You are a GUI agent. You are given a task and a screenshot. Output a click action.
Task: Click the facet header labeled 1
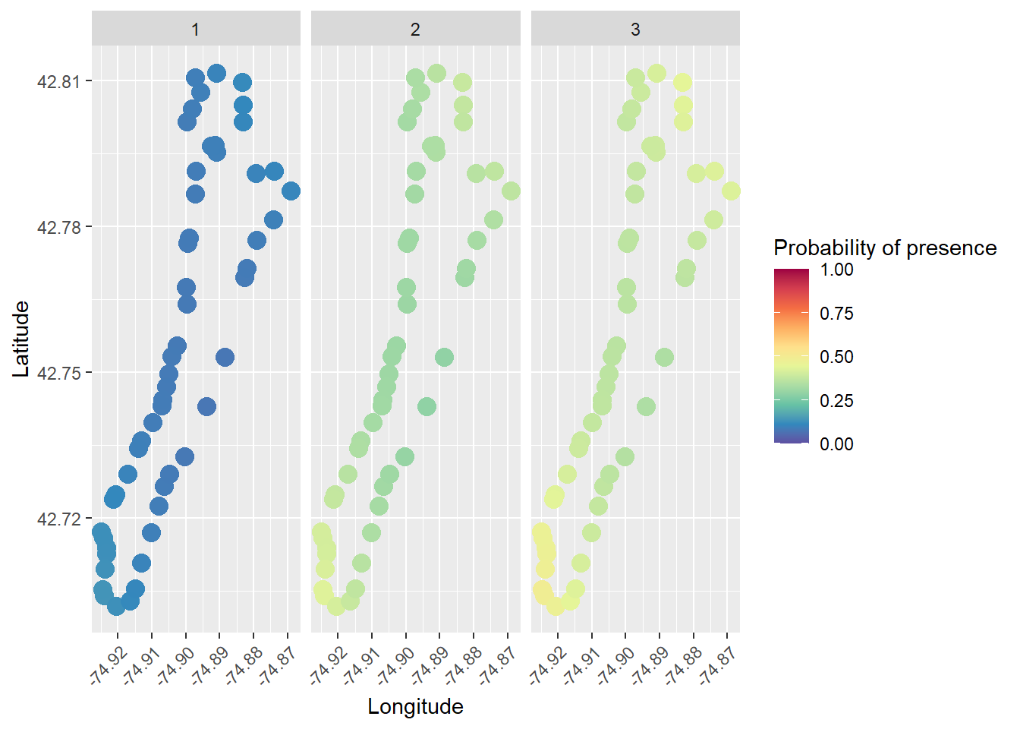[196, 30]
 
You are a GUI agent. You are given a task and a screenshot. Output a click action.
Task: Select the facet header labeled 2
[415, 30]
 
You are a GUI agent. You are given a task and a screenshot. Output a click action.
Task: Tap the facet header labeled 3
[635, 30]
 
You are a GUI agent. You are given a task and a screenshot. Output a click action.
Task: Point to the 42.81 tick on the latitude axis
[58, 81]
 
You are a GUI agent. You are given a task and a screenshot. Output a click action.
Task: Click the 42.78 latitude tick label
[58, 227]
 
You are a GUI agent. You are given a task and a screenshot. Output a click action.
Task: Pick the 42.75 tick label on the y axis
[58, 373]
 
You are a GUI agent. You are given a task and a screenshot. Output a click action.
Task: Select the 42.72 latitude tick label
[58, 519]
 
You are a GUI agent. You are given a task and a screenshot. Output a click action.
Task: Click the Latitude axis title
[21, 339]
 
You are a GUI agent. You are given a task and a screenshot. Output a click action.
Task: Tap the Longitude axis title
[415, 706]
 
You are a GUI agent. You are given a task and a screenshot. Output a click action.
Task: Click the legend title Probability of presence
[885, 248]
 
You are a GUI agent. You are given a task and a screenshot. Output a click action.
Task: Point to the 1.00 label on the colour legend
[836, 270]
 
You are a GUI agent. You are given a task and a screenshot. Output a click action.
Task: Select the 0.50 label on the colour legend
[836, 357]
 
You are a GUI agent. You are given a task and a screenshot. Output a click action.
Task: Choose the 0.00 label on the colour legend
[836, 444]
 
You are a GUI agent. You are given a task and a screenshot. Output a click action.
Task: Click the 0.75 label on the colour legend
[836, 314]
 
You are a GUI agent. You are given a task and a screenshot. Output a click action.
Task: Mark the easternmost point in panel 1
[291, 191]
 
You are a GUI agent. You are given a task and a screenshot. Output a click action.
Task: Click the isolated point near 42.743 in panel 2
[427, 406]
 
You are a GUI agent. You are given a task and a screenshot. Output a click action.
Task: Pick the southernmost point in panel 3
[556, 606]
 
